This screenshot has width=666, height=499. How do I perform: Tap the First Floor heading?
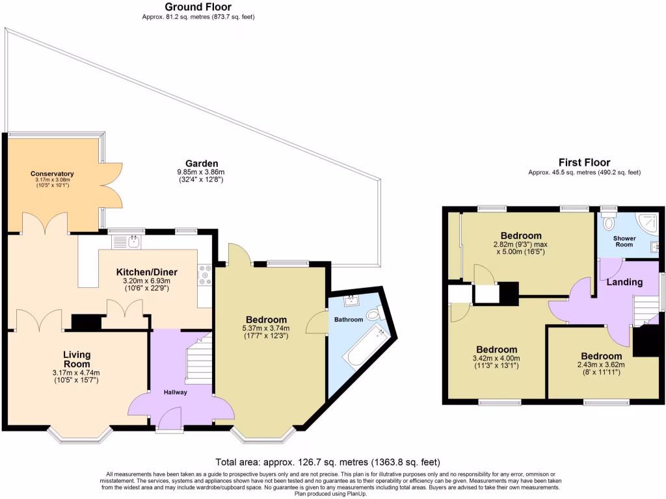point(584,162)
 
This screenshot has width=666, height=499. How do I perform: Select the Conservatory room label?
point(52,174)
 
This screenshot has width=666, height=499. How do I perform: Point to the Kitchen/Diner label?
point(146,272)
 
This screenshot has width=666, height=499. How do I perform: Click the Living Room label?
point(77,359)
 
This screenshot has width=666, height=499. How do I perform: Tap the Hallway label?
point(175,392)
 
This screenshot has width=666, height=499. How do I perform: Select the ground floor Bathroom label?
point(349,320)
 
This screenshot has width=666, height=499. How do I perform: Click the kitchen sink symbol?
point(122,242)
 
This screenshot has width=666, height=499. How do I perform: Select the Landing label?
point(624,282)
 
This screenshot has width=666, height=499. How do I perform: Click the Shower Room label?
point(624,241)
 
